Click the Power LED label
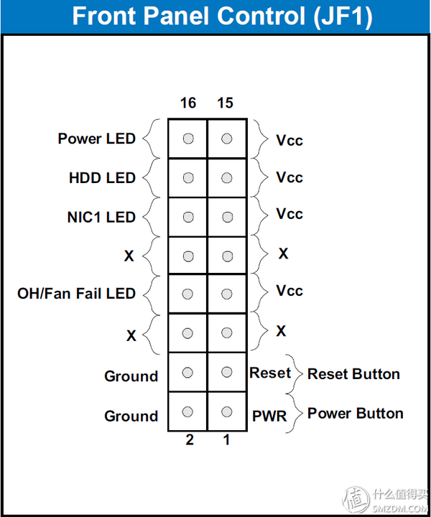point(96,139)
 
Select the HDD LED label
point(102,177)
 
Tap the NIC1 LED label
point(101,217)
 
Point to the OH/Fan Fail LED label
point(76,293)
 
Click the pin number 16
point(188,103)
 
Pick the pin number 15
point(225,103)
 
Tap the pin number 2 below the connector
point(190,440)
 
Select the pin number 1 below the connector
point(226,440)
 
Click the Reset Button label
point(353,374)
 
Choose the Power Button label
point(355,414)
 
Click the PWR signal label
point(269,416)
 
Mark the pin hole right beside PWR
point(227,411)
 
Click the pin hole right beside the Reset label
point(227,372)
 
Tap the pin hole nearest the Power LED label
point(188,139)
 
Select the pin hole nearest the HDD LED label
point(188,177)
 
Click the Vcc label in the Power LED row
point(289,140)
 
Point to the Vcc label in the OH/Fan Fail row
point(289,292)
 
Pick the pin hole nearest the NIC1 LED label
point(188,216)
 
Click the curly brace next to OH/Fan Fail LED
point(149,294)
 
